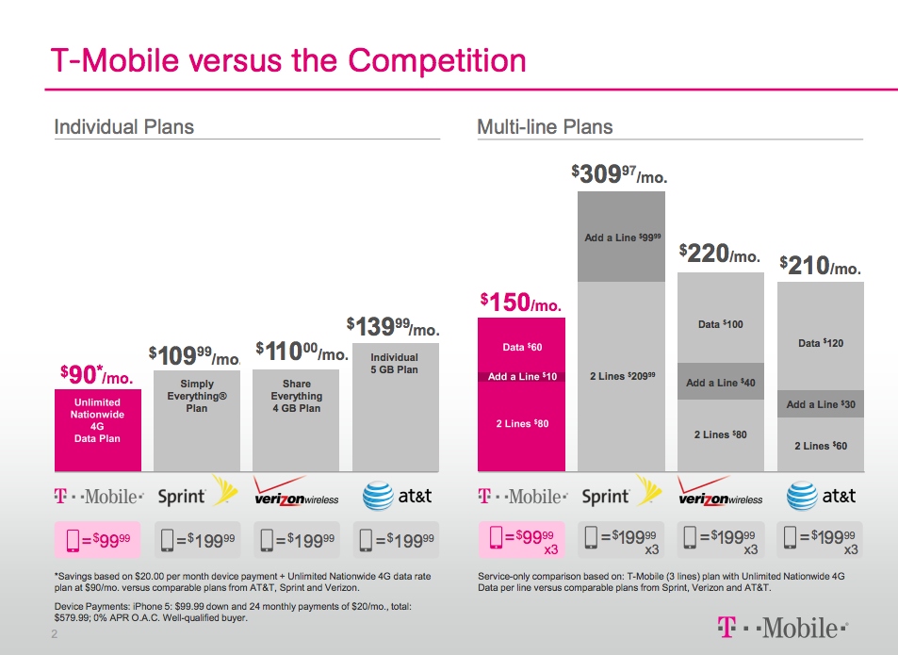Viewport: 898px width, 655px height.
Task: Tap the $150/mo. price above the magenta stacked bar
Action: (520, 303)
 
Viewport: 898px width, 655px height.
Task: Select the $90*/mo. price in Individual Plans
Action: (96, 375)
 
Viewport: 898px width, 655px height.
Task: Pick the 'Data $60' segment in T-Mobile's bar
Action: (521, 347)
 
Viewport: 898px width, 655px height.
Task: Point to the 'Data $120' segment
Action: (820, 343)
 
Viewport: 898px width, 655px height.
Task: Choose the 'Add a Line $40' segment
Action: (720, 383)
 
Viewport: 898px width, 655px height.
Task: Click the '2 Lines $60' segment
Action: (820, 446)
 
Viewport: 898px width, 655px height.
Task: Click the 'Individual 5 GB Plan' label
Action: (394, 364)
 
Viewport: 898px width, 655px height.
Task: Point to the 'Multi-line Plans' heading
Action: (545, 127)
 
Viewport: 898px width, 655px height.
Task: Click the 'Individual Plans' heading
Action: (123, 127)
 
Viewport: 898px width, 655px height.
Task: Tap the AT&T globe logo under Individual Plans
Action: (378, 496)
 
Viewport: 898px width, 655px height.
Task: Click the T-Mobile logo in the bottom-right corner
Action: (781, 627)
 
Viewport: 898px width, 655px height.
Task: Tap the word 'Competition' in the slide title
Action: (436, 60)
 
